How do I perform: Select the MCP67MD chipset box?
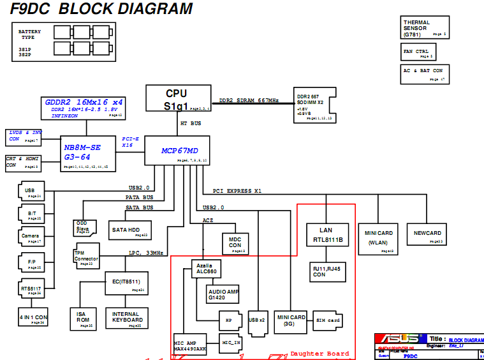(x=177, y=151)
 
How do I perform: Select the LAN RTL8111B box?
(x=326, y=235)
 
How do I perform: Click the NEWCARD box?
(x=427, y=234)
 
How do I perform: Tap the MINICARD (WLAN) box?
(x=379, y=238)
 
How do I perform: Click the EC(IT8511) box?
(x=126, y=283)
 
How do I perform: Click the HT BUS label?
(x=191, y=123)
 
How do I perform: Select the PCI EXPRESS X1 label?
(x=237, y=191)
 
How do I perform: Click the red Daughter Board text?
(x=319, y=354)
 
